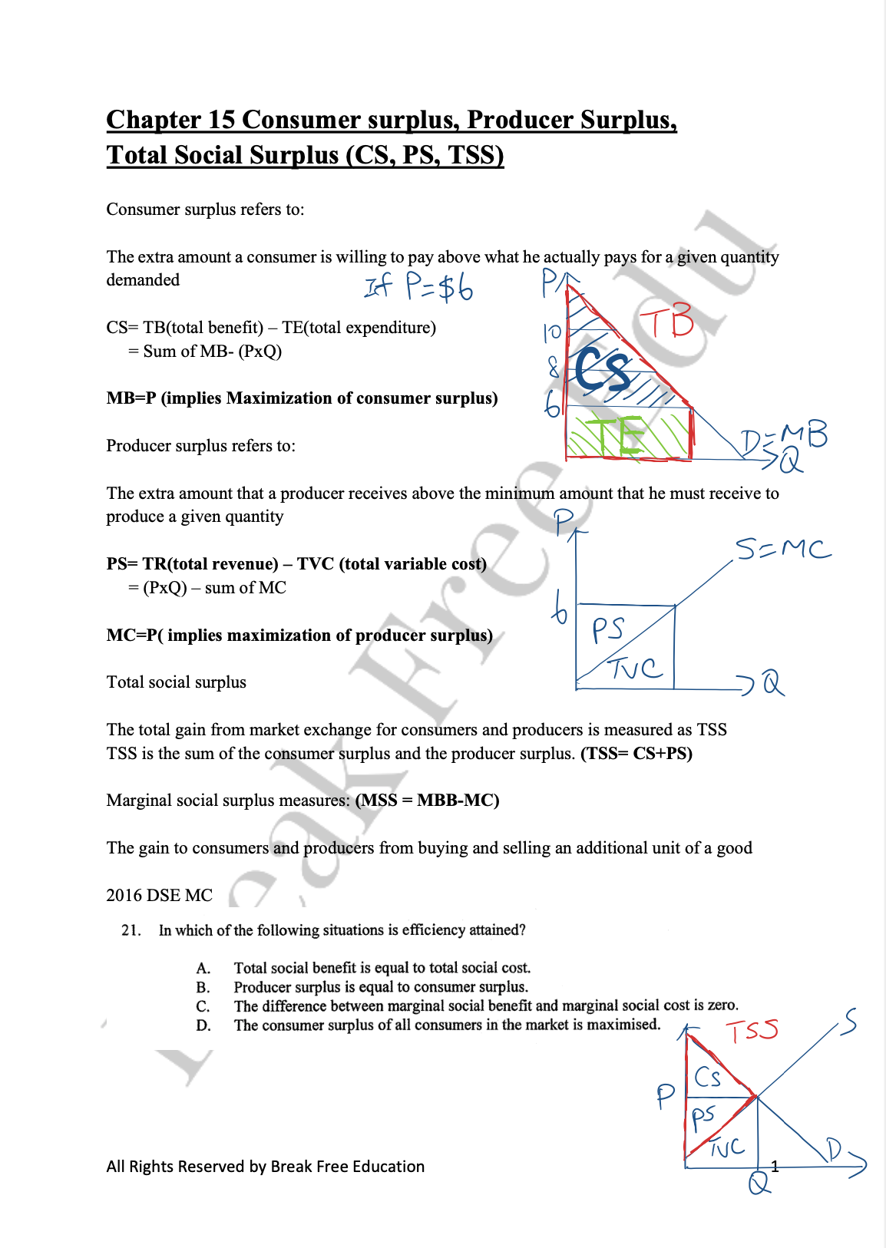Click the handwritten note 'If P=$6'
(x=419, y=287)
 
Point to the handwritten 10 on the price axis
(x=553, y=332)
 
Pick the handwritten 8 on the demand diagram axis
(x=554, y=368)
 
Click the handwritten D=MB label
(x=784, y=437)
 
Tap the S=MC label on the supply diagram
(x=782, y=550)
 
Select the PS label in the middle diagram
(x=608, y=630)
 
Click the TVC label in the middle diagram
(x=636, y=669)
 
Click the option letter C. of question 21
(x=203, y=1006)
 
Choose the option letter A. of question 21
(x=203, y=968)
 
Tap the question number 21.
(x=131, y=930)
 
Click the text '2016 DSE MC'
(x=159, y=895)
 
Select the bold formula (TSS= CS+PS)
(x=636, y=753)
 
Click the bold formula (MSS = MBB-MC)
(x=427, y=800)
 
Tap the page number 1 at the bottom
(x=775, y=1167)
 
